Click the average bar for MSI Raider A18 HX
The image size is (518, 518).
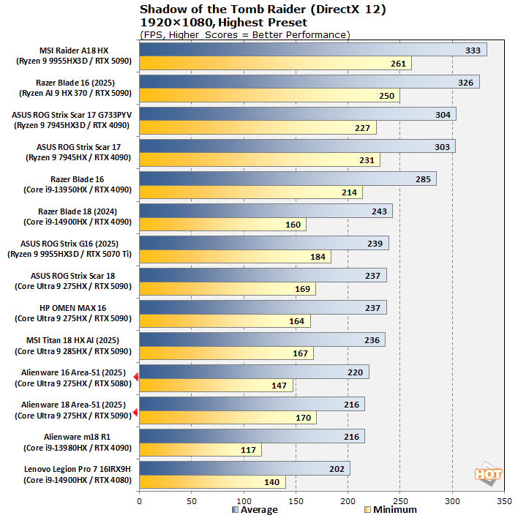(313, 50)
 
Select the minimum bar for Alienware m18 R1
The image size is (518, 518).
(200, 450)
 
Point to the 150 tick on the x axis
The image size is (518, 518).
(296, 502)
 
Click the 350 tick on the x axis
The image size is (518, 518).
(504, 502)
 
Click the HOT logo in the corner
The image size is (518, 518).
(488, 473)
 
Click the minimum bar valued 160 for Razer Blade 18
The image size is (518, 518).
(222, 225)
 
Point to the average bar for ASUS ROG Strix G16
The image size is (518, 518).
(263, 243)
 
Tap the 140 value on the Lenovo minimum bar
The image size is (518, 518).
(272, 482)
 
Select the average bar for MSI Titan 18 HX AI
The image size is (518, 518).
(262, 339)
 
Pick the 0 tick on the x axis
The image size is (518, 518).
(139, 502)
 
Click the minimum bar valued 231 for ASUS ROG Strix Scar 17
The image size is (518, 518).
(260, 160)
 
